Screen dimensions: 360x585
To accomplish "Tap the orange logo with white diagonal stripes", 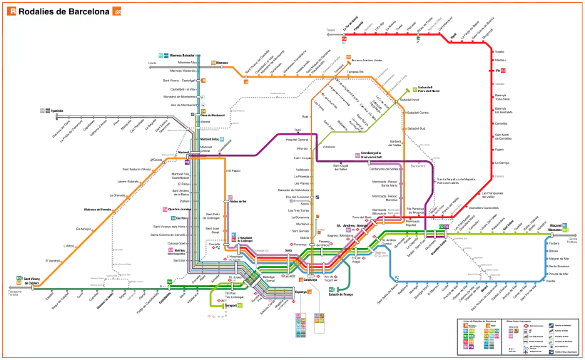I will pyautogui.click(x=118, y=11).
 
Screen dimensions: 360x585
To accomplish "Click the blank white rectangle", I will pyautogui.click(x=54, y=43).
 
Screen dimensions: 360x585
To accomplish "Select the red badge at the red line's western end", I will pyautogui.click(x=344, y=36).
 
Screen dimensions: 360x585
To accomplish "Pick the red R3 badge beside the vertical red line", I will pyautogui.click(x=503, y=71).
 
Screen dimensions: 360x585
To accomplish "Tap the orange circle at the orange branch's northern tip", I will pyautogui.click(x=348, y=58).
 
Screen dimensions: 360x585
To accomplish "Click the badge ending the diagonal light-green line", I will pyautogui.click(x=413, y=90).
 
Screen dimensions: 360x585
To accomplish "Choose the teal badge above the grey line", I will pyautogui.click(x=164, y=56).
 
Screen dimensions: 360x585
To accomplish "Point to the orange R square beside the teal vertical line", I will pyautogui.click(x=203, y=81).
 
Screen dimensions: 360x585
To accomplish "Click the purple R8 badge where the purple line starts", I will pyautogui.click(x=186, y=162).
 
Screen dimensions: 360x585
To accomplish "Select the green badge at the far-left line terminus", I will pyautogui.click(x=19, y=277).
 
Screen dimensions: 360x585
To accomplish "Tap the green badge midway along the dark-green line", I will pyautogui.click(x=169, y=282).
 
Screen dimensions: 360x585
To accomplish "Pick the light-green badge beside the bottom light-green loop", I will pyautogui.click(x=240, y=304).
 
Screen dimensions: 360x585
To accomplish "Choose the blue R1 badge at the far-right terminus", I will pyautogui.click(x=565, y=225).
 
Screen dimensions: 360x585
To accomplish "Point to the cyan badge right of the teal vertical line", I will pyautogui.click(x=223, y=140).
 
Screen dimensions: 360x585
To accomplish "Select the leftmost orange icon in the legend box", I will pyautogui.click(x=465, y=326).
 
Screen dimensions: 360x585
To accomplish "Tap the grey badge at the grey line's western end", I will pyautogui.click(x=45, y=111).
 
